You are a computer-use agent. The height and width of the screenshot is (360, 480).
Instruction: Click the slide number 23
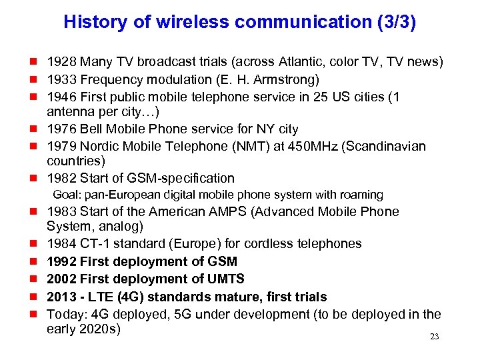pyautogui.click(x=434, y=337)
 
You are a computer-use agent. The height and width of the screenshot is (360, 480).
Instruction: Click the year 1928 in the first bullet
pyautogui.click(x=61, y=62)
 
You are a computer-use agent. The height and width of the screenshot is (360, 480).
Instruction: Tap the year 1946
pyautogui.click(x=61, y=97)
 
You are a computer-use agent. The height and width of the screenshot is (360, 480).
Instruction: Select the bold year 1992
pyautogui.click(x=61, y=262)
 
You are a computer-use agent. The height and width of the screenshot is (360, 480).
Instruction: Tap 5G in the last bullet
pyautogui.click(x=193, y=314)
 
